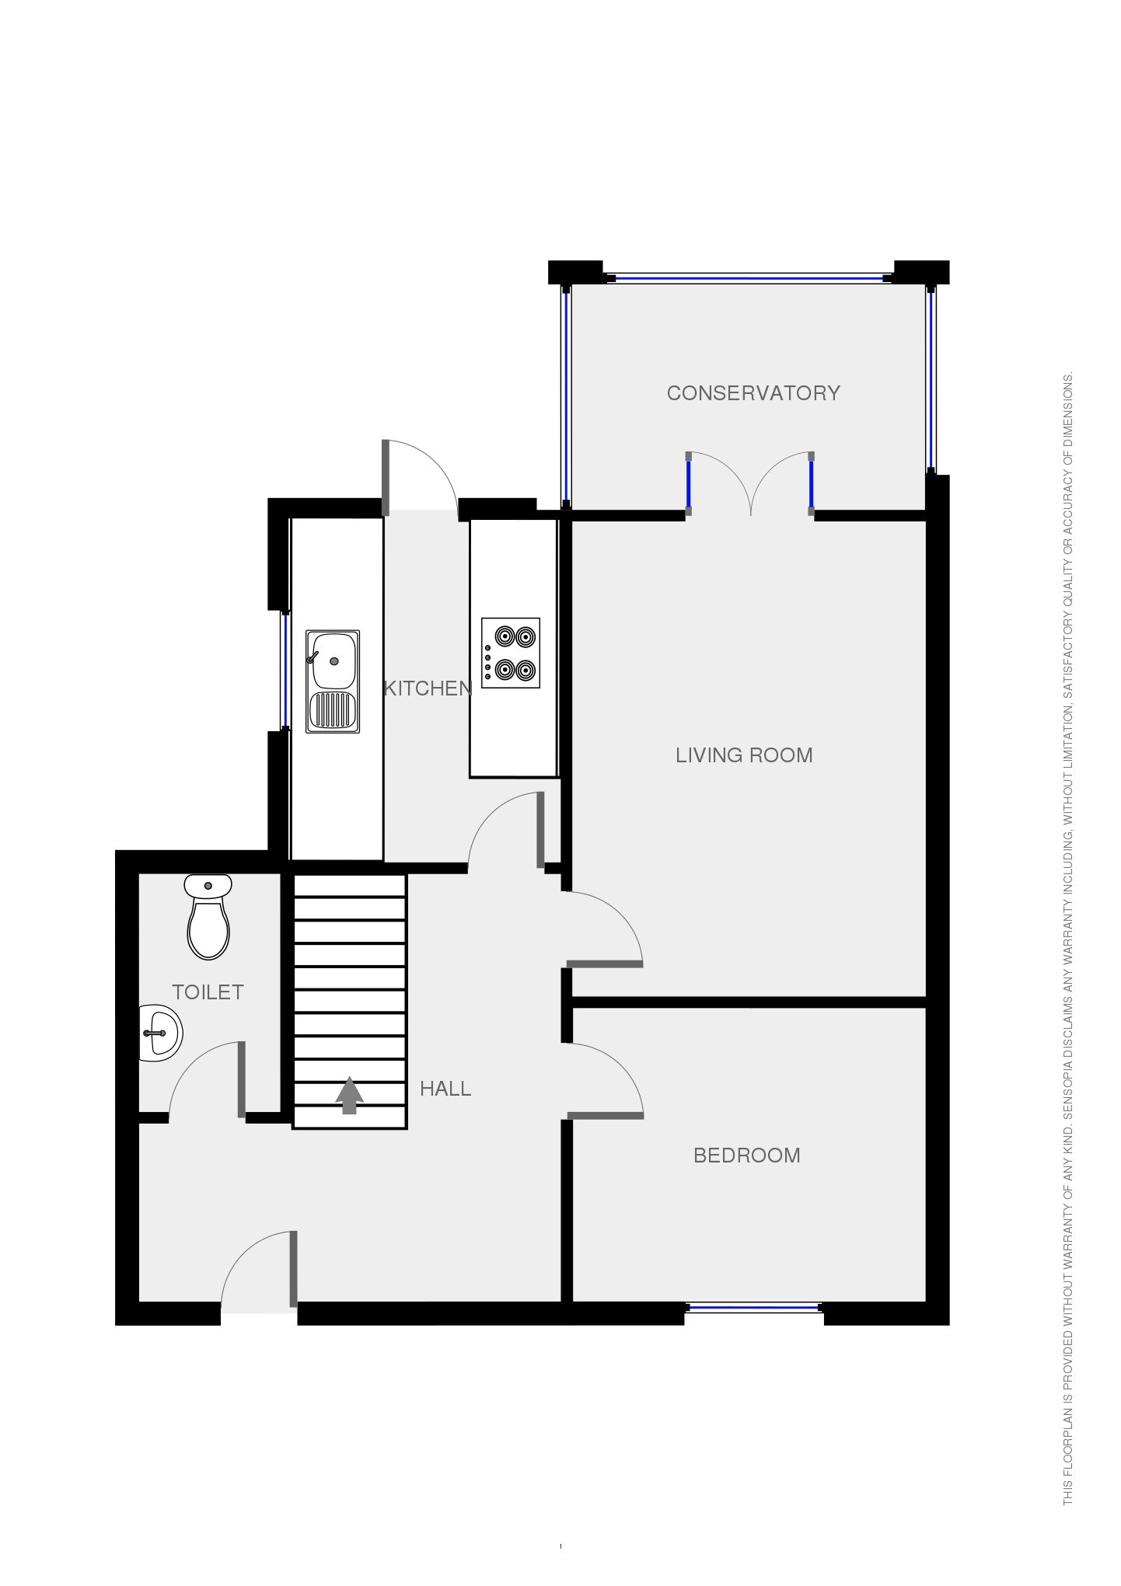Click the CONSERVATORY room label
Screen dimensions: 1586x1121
click(x=753, y=393)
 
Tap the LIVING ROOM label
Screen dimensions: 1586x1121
click(x=744, y=755)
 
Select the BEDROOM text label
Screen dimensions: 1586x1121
click(x=746, y=1156)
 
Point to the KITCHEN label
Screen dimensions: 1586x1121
click(x=428, y=688)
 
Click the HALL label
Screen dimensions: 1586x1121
click(x=445, y=1089)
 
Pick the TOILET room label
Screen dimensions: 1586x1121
click(x=208, y=992)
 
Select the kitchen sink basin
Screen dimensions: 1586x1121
click(x=334, y=661)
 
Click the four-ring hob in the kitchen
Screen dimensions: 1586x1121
click(x=511, y=653)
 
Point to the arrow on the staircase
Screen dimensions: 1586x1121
click(x=349, y=1095)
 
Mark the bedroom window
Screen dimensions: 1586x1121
click(x=753, y=1309)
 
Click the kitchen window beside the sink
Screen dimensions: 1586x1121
click(x=285, y=670)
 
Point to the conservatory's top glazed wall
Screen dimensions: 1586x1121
click(x=749, y=277)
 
